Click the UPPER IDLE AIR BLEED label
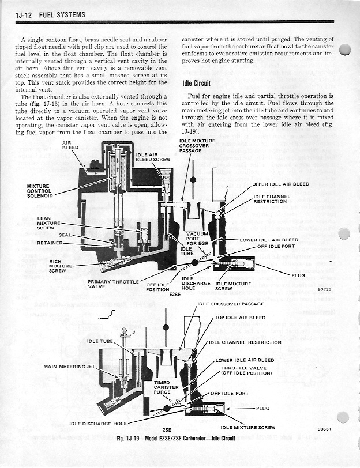point(280,184)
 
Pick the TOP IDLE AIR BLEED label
point(240,317)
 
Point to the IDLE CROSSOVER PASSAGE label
point(231,304)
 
